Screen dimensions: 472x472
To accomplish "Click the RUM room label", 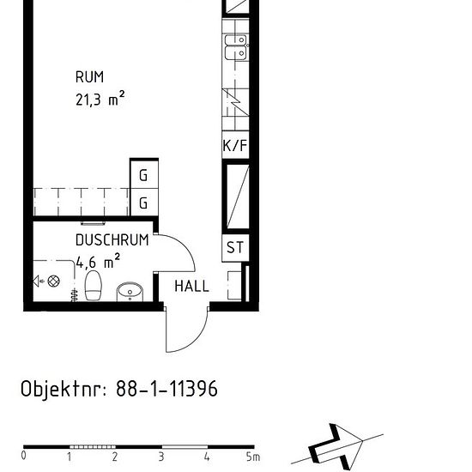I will (x=89, y=78).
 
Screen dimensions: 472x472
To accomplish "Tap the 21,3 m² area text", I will (x=100, y=99).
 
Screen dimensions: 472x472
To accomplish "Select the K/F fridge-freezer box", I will (x=235, y=146).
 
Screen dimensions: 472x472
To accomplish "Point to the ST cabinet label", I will (x=235, y=248).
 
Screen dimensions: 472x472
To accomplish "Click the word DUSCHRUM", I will (x=112, y=240).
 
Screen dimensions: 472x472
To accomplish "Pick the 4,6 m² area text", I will (x=98, y=262).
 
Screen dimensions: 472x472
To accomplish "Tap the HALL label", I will (x=191, y=287).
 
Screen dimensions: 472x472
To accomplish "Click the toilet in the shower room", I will (x=94, y=287).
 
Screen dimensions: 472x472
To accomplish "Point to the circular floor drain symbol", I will (x=54, y=281).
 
